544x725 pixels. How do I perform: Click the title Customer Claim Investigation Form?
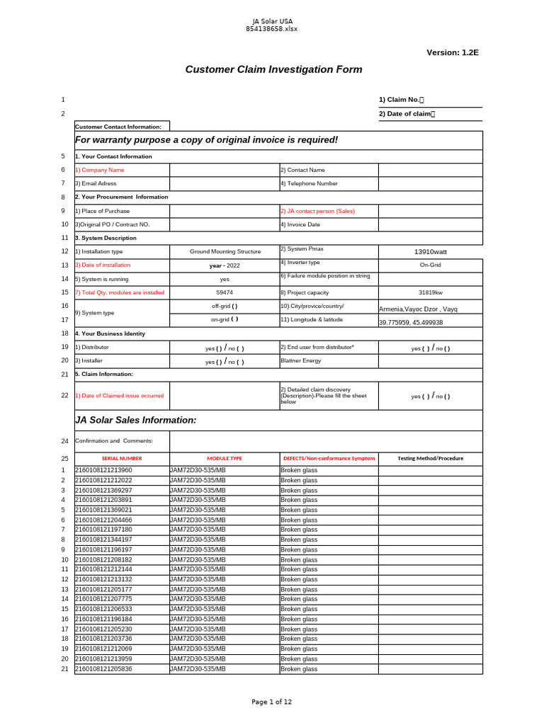[273, 69]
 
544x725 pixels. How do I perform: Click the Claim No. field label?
[401, 100]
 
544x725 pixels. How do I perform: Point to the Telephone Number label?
[309, 183]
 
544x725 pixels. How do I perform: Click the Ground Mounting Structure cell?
[225, 251]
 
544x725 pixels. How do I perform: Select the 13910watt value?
[431, 251]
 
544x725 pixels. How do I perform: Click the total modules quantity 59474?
[225, 292]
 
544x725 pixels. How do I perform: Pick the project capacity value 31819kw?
[431, 292]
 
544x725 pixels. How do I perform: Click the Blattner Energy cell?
[302, 360]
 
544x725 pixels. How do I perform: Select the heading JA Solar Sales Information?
[136, 420]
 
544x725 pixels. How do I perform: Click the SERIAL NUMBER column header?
[122, 459]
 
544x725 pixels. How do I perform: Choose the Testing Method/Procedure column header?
[431, 459]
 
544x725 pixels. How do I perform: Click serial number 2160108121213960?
[103, 470]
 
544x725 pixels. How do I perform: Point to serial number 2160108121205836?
[103, 669]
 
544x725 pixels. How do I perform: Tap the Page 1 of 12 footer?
[272, 702]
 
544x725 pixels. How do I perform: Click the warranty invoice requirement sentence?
[207, 139]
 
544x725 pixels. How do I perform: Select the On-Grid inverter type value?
[431, 264]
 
